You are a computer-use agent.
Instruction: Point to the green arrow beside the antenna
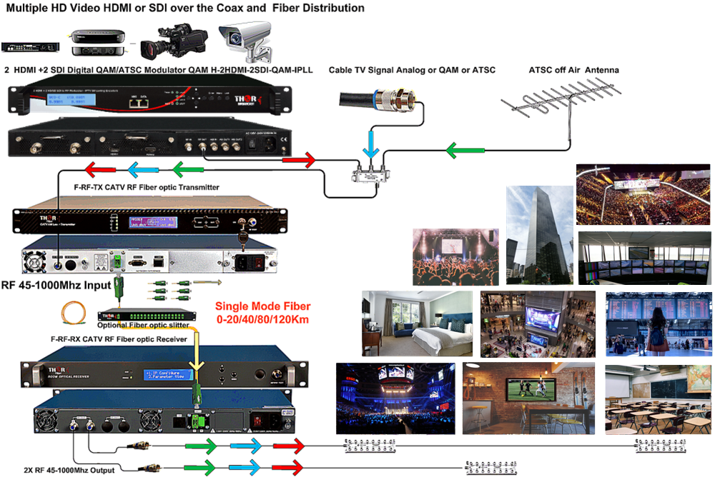pos(461,151)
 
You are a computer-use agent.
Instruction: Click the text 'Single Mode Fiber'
pos(262,306)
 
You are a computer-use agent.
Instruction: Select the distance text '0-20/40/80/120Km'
pos(262,319)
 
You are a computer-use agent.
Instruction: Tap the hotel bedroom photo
pos(417,323)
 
